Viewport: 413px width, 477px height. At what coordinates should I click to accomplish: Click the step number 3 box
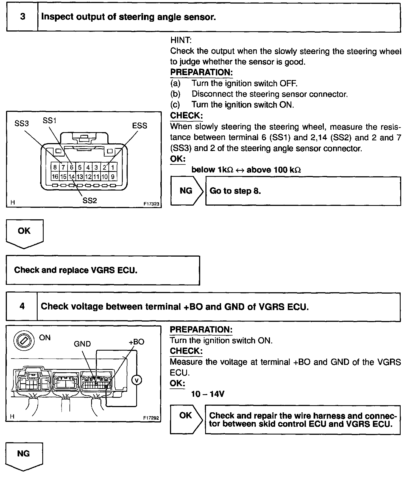[22, 17]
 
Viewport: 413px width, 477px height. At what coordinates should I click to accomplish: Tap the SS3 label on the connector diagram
[21, 124]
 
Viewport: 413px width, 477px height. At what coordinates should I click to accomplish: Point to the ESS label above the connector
[139, 126]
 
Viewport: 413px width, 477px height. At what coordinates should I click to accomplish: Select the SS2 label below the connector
[90, 200]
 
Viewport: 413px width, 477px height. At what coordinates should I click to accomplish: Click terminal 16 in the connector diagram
[55, 177]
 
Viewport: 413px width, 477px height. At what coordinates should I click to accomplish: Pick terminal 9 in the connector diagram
[113, 177]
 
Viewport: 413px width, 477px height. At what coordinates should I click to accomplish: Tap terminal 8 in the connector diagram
[55, 167]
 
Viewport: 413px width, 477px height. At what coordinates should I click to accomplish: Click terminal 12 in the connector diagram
[88, 177]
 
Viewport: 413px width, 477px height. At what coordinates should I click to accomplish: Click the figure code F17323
[151, 204]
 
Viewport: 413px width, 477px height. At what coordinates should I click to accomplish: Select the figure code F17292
[151, 418]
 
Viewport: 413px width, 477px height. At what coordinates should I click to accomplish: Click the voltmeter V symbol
[137, 380]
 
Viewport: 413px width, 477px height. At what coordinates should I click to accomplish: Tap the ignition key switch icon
[24, 341]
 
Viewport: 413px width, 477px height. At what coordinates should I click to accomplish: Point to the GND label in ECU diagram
[82, 344]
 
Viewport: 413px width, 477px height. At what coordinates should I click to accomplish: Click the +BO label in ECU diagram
[136, 342]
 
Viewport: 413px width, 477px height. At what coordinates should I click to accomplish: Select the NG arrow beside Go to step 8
[186, 191]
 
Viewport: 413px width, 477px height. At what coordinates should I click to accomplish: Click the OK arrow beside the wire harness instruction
[186, 419]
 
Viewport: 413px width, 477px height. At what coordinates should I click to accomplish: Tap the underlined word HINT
[181, 40]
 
